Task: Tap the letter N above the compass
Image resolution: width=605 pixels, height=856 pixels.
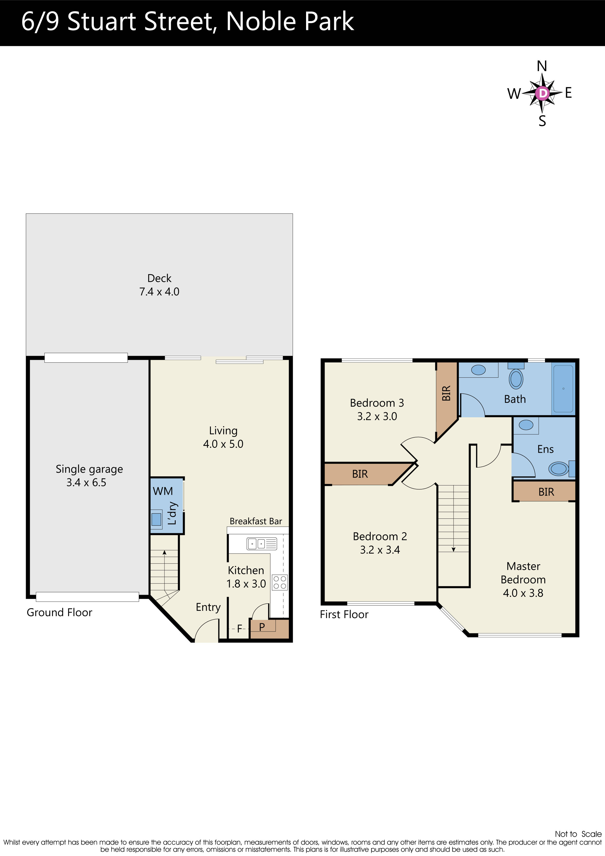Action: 542,66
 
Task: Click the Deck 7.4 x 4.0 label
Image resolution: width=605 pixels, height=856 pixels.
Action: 159,285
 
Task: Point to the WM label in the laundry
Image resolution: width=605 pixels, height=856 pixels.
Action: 163,491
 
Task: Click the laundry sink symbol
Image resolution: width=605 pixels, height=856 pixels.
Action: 156,519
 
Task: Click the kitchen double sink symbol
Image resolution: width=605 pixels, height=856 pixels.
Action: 262,544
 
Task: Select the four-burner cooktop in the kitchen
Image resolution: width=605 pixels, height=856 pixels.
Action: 280,582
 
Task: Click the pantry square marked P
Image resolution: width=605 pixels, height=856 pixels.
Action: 262,627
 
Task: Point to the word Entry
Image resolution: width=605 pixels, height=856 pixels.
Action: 208,607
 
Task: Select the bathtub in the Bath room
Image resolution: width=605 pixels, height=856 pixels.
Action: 563,389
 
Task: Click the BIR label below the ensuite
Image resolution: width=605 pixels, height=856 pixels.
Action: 546,492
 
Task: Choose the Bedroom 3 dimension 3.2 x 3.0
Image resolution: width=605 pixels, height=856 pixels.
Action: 377,417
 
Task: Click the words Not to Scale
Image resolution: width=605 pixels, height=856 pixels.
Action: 578,834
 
